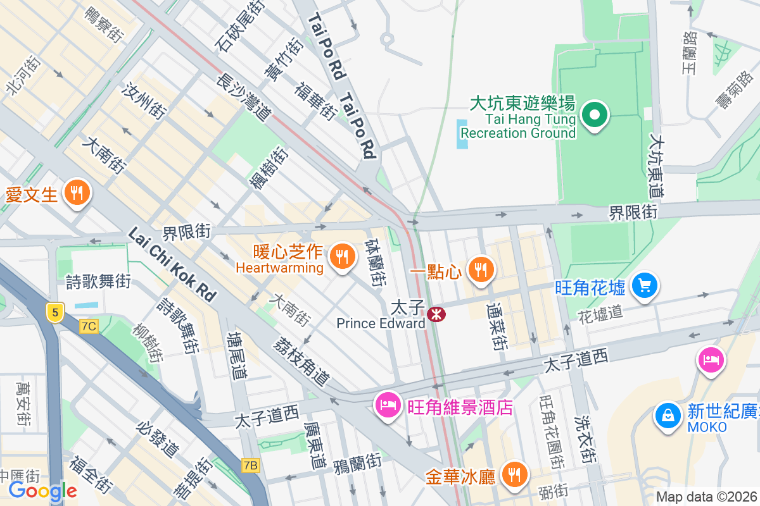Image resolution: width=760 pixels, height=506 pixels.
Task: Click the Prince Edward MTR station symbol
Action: [436, 314]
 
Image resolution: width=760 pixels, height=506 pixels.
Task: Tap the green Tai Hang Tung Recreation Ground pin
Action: [595, 116]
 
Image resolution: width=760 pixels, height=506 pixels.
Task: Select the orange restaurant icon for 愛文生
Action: [77, 192]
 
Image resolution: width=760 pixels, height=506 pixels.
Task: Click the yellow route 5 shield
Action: [55, 312]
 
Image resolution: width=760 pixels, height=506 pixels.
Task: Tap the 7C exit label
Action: [89, 326]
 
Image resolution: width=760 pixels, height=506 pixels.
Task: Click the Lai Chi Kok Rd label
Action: [172, 264]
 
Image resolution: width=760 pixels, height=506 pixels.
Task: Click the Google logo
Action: [42, 490]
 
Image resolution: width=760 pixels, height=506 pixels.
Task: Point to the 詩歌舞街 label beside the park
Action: [99, 281]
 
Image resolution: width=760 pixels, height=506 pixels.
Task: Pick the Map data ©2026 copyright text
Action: [706, 497]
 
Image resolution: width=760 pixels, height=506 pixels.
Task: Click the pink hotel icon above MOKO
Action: [711, 361]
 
